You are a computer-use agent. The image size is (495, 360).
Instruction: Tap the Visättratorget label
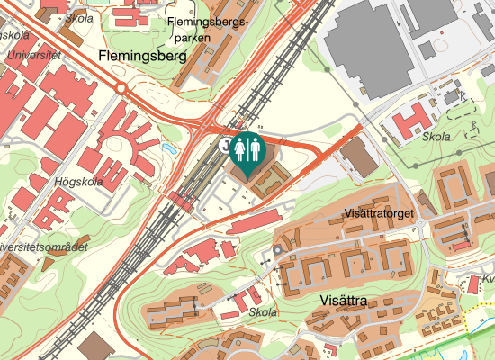click(378, 214)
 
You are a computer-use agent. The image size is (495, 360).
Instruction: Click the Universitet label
click(31, 55)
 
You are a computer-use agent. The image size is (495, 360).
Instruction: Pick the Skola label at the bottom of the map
click(263, 312)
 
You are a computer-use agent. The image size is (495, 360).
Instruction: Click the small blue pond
click(170, 148)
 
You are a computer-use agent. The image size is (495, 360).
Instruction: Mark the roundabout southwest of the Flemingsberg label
click(121, 87)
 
